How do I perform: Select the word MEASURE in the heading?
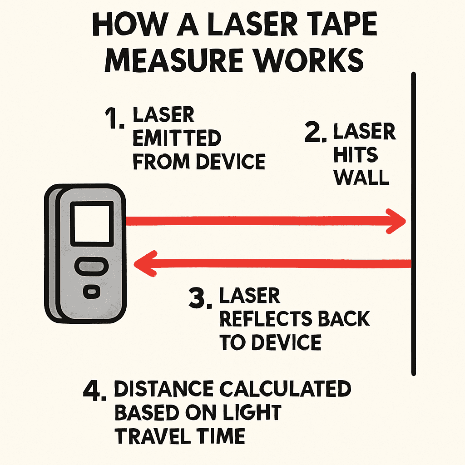tap(174, 60)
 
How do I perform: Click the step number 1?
tap(114, 119)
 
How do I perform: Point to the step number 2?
tap(316, 132)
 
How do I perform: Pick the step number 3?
tap(200, 298)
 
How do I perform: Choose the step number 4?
tap(94, 391)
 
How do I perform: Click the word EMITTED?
tap(177, 138)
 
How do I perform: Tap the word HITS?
tap(356, 154)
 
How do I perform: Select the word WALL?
tap(361, 178)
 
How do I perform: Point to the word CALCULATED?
tap(285, 389)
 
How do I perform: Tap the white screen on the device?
tap(92, 224)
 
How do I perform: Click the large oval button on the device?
tap(91, 267)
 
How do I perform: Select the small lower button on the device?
tap(92, 292)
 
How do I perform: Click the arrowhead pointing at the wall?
tap(396, 221)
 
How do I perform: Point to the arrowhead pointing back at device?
tap(145, 264)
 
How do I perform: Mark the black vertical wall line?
tap(414, 224)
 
